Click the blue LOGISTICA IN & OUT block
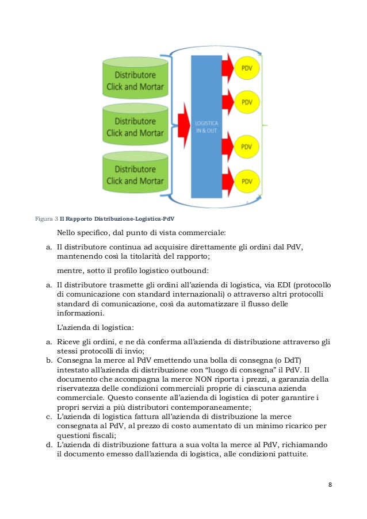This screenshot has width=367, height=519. click(x=207, y=126)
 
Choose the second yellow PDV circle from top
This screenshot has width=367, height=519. click(x=247, y=102)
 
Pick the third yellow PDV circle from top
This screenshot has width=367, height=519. click(x=247, y=146)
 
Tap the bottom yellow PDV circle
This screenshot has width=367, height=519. click(x=247, y=181)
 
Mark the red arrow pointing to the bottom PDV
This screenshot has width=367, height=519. click(x=226, y=179)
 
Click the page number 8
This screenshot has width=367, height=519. click(x=330, y=484)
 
